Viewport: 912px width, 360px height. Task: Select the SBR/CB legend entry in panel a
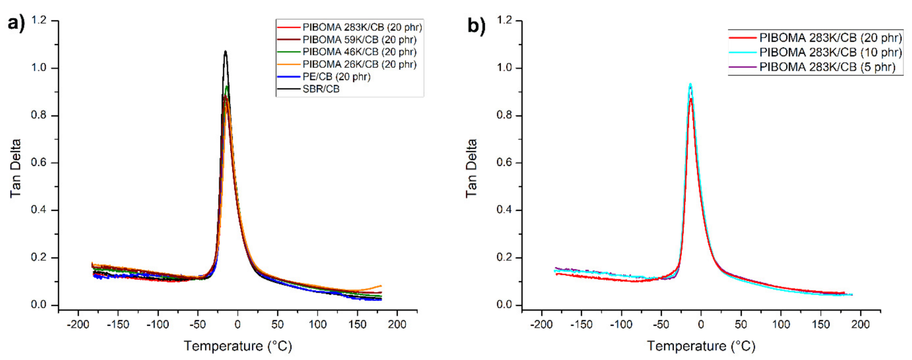click(x=321, y=89)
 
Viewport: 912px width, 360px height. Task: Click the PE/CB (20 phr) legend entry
click(x=336, y=77)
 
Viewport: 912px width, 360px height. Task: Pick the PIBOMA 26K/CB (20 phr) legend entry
click(x=359, y=64)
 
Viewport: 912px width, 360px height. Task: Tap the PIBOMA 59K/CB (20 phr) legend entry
click(x=359, y=40)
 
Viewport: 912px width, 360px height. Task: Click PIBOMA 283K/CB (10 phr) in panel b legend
click(x=830, y=52)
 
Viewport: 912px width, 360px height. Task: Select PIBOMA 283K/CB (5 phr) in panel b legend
click(x=827, y=67)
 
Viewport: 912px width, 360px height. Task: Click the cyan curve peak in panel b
click(x=690, y=85)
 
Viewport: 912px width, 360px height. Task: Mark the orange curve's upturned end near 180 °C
click(x=380, y=286)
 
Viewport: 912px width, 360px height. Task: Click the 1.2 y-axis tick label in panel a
click(x=39, y=20)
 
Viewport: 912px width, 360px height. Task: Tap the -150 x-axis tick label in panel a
click(x=118, y=324)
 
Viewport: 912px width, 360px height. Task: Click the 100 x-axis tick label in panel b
click(x=781, y=324)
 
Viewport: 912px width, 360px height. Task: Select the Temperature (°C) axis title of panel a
click(x=238, y=346)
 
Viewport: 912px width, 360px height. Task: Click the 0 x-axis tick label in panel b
click(x=701, y=324)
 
